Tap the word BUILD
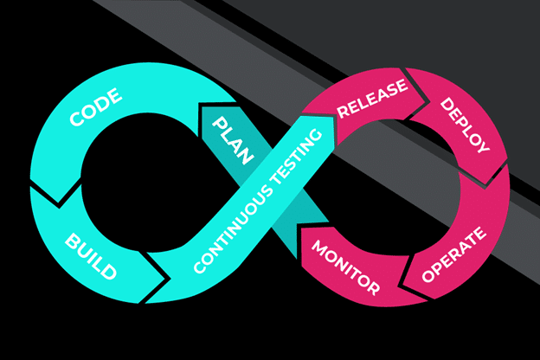click(90, 255)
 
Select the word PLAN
click(233, 139)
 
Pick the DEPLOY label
click(465, 125)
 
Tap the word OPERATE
click(454, 257)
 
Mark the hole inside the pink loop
click(408, 187)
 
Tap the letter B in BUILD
click(72, 238)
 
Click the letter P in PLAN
click(221, 120)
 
